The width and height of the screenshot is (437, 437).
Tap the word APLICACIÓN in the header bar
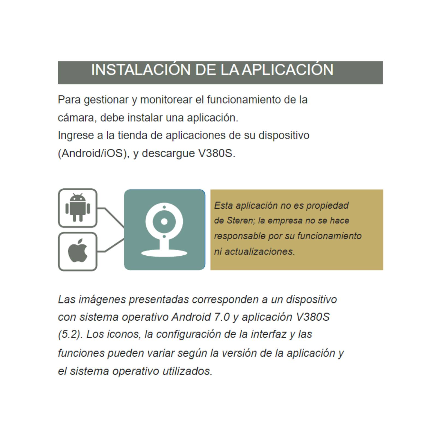coord(288,70)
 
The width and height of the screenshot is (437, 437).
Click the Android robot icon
coord(78,208)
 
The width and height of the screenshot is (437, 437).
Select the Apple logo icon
coord(78,251)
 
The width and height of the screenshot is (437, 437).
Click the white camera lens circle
coord(164,221)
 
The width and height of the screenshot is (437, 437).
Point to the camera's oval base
coord(164,253)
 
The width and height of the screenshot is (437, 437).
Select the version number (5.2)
coord(69,334)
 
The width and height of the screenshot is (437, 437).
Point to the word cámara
coord(76,118)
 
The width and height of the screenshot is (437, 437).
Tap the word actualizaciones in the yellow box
coord(259,251)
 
